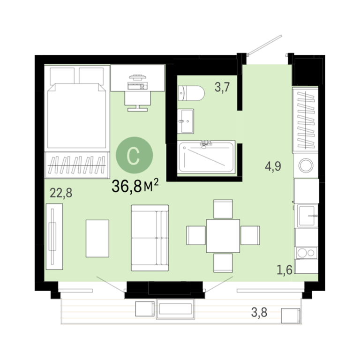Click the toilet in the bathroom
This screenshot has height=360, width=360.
coord(191,93)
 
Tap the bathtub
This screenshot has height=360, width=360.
coord(206,157)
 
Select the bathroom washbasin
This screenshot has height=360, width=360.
coord(186,121)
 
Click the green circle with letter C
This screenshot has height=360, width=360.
coord(135,155)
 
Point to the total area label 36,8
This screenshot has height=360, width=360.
coord(127,186)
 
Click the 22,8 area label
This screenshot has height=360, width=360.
coord(61,193)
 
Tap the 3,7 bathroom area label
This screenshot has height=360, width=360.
coord(222,87)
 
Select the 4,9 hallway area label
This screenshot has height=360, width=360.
coord(273,166)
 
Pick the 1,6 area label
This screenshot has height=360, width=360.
coord(285,270)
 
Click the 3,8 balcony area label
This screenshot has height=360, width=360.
coord(259,312)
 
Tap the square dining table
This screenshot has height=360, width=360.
coord(223,236)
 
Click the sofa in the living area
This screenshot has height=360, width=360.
coord(150,238)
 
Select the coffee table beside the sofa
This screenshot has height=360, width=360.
coord(97,238)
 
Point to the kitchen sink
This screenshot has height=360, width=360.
coord(307,215)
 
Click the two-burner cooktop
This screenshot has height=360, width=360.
coord(307,253)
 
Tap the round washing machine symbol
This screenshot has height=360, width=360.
coord(306,165)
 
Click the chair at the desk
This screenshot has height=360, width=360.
coord(137,101)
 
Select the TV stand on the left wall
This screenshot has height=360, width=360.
coord(54,236)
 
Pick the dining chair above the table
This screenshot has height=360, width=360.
coord(223,209)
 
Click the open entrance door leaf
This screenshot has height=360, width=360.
coord(265,45)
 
